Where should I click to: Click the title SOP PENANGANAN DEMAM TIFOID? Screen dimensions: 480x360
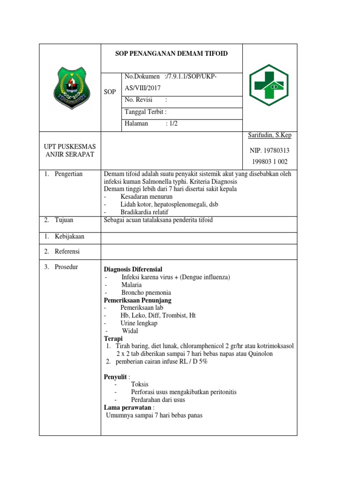[x=172, y=53]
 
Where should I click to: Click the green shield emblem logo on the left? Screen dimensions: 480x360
[x=70, y=88]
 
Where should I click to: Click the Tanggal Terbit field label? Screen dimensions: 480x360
[x=145, y=112]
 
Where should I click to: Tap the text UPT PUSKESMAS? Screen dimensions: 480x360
[x=69, y=147]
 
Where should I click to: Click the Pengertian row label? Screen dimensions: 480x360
[x=68, y=174]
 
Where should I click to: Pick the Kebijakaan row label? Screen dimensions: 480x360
[x=69, y=236]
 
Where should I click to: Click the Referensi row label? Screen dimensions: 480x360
[x=67, y=251]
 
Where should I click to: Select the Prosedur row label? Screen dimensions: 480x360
[x=66, y=267]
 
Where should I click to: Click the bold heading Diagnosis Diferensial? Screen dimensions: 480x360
[x=133, y=270]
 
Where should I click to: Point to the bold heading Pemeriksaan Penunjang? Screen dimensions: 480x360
[x=137, y=300]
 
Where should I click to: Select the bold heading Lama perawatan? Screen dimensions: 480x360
[x=127, y=408]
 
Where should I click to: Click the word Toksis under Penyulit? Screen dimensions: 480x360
[x=140, y=384]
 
